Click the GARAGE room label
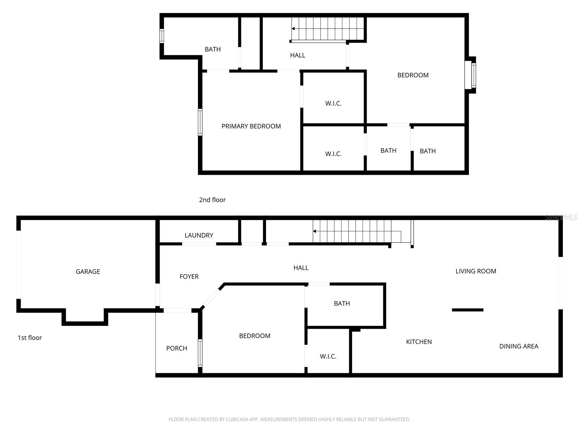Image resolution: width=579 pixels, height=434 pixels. click(88, 272)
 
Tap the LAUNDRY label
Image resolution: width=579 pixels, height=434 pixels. click(199, 235)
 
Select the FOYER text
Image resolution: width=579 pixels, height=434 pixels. click(189, 277)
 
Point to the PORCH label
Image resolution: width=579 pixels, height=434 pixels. click(177, 348)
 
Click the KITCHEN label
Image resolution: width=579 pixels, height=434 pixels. click(419, 342)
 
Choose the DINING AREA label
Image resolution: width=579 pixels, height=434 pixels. click(519, 346)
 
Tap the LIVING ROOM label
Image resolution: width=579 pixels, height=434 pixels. click(476, 271)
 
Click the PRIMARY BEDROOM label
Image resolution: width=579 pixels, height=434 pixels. click(251, 126)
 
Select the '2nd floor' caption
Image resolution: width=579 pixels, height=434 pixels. click(212, 200)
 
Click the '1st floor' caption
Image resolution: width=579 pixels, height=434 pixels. click(30, 338)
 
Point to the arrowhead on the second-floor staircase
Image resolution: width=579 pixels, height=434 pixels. click(293, 29)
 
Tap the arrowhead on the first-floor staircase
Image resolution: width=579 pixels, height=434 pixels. click(315, 231)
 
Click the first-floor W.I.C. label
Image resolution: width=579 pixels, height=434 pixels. click(328, 357)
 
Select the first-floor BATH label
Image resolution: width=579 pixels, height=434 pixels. click(342, 303)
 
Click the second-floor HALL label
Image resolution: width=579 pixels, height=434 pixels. click(297, 55)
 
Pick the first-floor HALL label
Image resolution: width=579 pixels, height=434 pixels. click(301, 268)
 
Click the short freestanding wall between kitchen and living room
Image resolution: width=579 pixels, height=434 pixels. click(468, 310)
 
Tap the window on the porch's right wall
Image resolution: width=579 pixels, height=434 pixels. click(200, 353)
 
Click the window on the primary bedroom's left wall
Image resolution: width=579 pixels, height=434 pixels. click(200, 122)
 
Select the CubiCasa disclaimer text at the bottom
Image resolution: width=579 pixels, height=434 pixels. click(289, 420)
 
